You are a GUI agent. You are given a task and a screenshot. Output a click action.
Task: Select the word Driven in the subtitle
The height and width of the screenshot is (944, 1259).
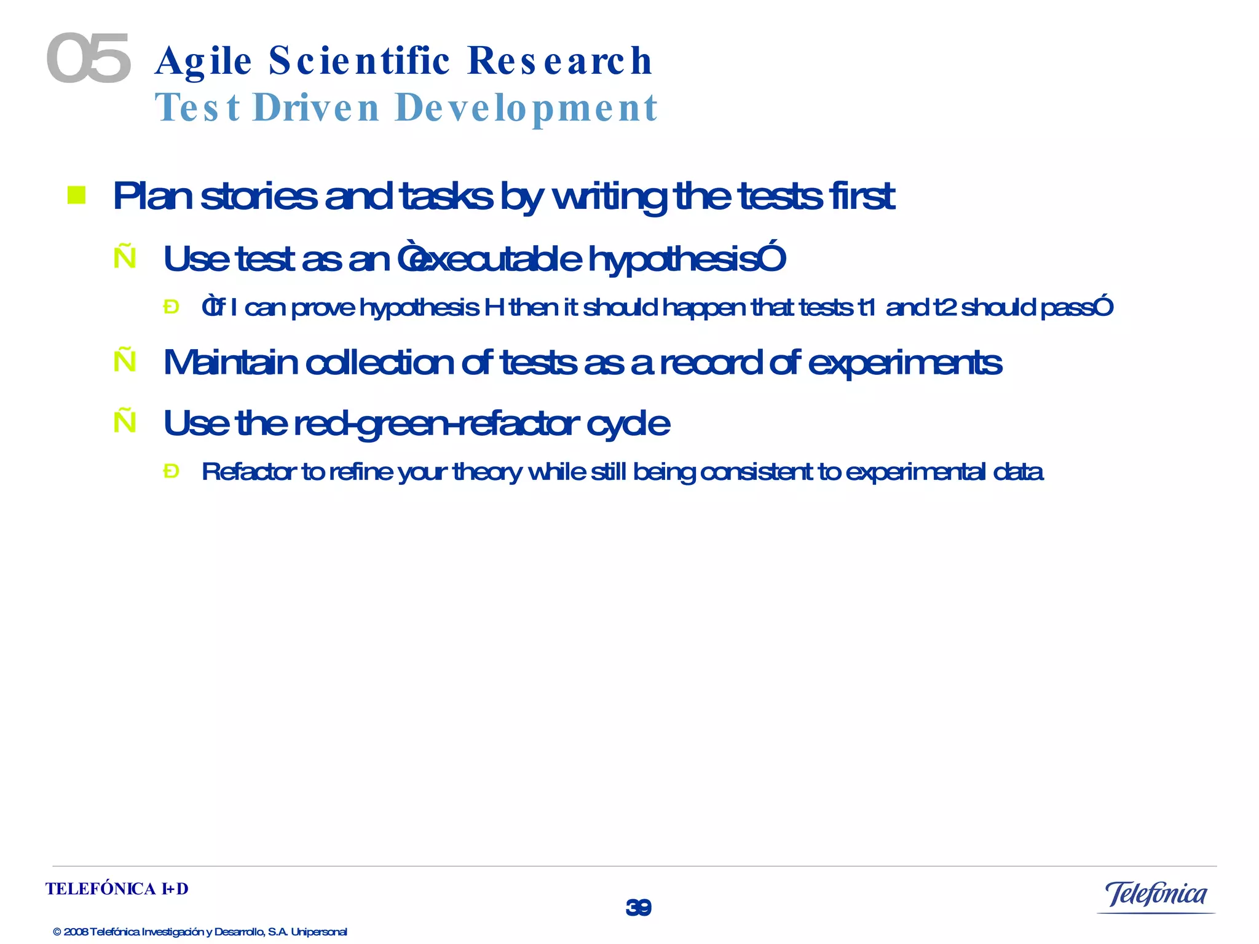click(317, 108)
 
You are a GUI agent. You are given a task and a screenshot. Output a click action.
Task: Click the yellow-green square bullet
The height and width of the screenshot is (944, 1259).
click(76, 195)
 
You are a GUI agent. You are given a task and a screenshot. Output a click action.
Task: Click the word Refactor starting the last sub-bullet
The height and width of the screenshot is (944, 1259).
click(249, 471)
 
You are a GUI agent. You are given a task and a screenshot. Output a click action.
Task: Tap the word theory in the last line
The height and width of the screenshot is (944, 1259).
click(486, 472)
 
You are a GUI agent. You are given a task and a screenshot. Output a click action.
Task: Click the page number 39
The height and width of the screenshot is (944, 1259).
click(638, 907)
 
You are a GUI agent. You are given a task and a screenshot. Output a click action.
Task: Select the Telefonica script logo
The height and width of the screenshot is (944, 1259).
click(1156, 894)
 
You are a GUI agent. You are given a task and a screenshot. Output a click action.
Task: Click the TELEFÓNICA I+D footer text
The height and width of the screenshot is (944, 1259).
click(117, 889)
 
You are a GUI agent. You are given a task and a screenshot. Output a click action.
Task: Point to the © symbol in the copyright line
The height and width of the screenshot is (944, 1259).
click(57, 932)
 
